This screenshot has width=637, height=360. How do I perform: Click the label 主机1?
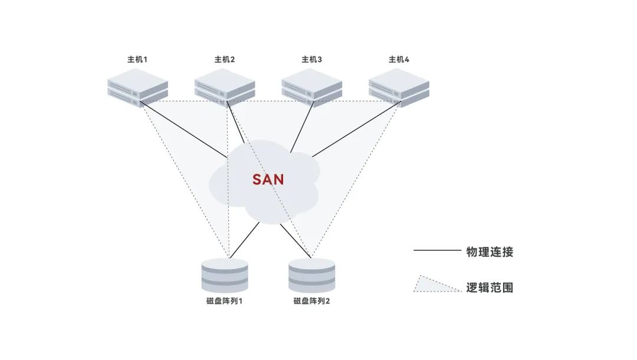[x=137, y=60]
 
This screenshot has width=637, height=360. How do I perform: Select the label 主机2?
[x=225, y=60]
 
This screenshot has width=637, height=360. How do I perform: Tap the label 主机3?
[x=312, y=60]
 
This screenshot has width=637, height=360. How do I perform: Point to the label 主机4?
[x=399, y=60]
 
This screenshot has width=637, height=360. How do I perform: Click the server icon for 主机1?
[x=137, y=87]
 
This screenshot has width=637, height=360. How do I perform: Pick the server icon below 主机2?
[x=225, y=87]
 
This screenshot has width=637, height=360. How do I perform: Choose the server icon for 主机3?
[x=312, y=87]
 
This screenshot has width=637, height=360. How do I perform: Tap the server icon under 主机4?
[x=399, y=87]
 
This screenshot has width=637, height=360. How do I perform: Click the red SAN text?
[x=268, y=179]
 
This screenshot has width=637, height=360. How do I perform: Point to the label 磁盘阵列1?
[x=225, y=301]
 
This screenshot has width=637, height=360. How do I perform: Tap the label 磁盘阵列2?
[x=312, y=301]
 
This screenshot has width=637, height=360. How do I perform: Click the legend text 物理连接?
[x=490, y=252]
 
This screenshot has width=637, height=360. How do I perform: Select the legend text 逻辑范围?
[x=490, y=287]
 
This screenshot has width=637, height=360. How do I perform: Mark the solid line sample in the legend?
[x=436, y=251]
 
